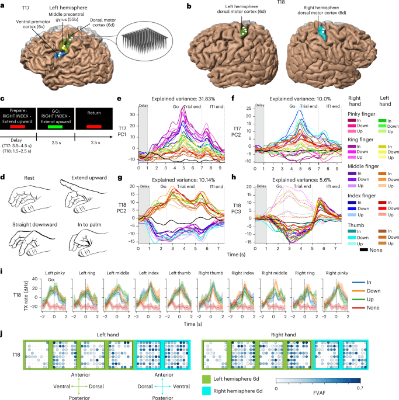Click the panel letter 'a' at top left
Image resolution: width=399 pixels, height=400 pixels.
pyautogui.click(x=4, y=5)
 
